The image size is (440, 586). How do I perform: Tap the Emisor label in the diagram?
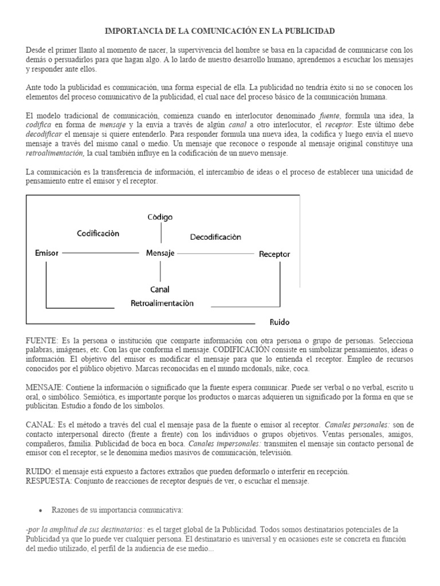point(46,252)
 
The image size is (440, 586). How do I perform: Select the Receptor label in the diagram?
point(274,254)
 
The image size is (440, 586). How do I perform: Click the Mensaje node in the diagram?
point(160,252)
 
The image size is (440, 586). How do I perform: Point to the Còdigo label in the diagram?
point(160,217)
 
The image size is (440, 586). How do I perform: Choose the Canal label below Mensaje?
point(160,289)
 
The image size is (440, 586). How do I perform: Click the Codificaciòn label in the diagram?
point(98,233)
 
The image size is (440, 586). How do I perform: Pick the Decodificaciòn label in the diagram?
point(215,236)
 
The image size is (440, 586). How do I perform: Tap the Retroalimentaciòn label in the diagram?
point(162,303)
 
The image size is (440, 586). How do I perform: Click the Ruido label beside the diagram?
point(280,322)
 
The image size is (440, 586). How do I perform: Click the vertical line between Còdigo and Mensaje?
point(161,233)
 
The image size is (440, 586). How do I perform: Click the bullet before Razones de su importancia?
point(40,510)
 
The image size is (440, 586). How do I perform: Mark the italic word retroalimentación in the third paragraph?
point(55,154)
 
